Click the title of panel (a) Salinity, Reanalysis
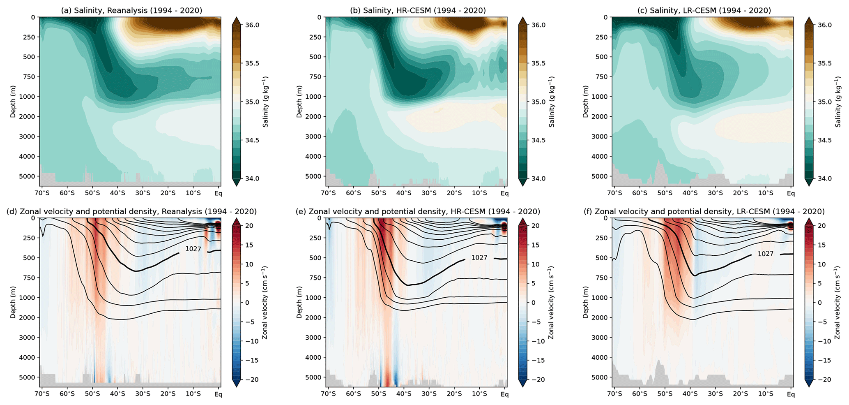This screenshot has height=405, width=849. pyautogui.click(x=131, y=11)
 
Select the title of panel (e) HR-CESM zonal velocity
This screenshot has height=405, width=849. pyautogui.click(x=418, y=211)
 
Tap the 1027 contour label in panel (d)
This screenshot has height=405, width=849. pyautogui.click(x=193, y=248)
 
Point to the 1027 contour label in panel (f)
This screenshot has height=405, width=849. pyautogui.click(x=766, y=254)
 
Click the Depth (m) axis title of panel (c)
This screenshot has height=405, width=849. pyautogui.click(x=585, y=102)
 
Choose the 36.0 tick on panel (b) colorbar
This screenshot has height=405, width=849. pyautogui.click(x=539, y=25)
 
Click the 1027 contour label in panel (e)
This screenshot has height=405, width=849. pyautogui.click(x=479, y=258)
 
